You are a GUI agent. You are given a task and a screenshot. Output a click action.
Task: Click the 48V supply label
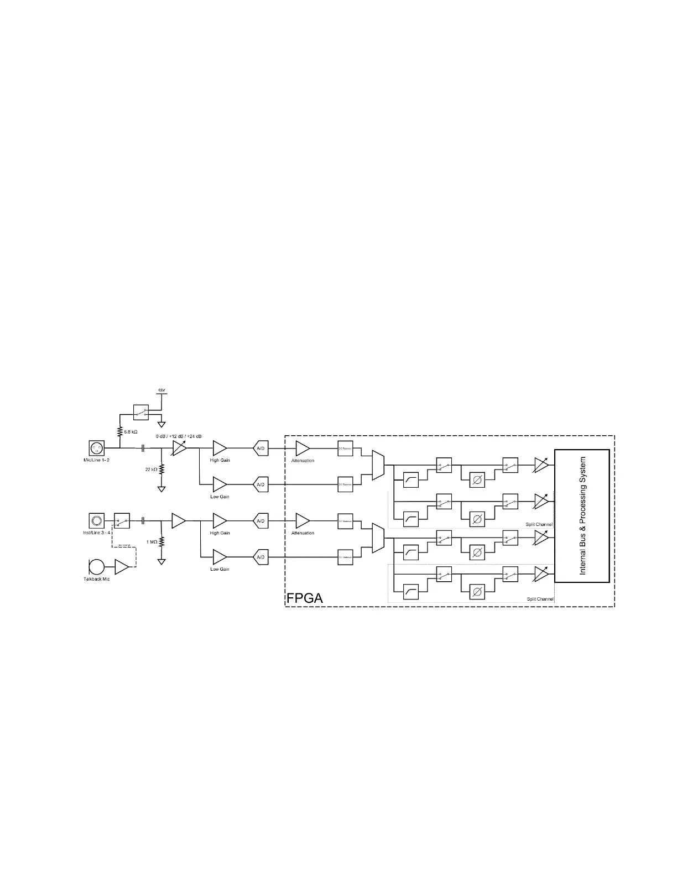pos(162,390)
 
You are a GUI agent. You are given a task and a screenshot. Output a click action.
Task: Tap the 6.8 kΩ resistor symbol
pos(119,431)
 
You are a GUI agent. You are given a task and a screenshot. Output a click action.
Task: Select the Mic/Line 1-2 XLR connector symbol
pos(97,448)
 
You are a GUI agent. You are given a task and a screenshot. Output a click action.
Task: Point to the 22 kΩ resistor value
pos(152,469)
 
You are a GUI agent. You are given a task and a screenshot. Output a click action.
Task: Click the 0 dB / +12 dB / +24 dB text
pos(179,436)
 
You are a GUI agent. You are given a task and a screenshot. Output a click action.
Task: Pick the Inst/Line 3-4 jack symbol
pos(97,520)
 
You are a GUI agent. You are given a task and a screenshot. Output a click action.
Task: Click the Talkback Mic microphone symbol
pos(96,567)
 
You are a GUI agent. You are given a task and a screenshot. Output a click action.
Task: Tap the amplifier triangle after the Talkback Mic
pos(121,567)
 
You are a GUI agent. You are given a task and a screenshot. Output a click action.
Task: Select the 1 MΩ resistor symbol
pos(162,541)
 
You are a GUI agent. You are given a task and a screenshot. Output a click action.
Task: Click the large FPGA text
pos(304,598)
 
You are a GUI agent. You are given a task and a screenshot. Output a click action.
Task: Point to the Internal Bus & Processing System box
pos(582,515)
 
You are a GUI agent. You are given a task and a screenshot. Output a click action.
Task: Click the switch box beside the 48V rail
pos(142,411)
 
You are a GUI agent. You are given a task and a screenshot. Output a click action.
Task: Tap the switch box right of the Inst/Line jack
pos(122,520)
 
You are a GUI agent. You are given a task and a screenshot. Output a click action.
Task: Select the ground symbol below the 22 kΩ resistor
pos(162,489)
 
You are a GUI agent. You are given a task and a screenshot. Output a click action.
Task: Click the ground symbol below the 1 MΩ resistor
pos(162,561)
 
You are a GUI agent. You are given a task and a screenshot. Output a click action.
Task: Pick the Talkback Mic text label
pos(97,579)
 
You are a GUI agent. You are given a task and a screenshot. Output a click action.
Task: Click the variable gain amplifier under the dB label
pos(179,448)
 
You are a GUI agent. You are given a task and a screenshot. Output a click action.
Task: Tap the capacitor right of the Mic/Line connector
pos(143,448)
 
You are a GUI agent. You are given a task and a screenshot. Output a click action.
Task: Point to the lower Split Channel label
pos(539,599)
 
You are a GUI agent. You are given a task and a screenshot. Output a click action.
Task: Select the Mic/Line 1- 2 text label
pos(97,460)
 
